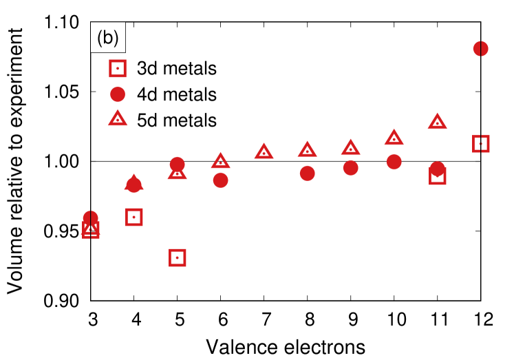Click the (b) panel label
(108, 37)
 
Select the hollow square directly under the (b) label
(118, 69)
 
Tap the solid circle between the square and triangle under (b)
(118, 94)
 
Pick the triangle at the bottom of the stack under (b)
(118, 118)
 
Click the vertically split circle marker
(480, 49)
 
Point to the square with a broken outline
(480, 144)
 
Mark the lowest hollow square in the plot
(178, 257)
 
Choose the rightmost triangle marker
(437, 122)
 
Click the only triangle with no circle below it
(264, 151)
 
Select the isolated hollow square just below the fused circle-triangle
(134, 217)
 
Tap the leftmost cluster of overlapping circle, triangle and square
(91, 225)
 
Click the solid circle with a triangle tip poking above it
(133, 184)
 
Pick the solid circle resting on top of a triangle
(178, 165)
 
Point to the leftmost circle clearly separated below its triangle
(220, 180)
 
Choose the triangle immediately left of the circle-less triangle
(220, 161)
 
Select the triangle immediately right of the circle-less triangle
(307, 149)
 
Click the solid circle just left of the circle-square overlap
(394, 162)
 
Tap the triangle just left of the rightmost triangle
(394, 138)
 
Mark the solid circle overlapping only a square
(438, 169)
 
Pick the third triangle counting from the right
(350, 147)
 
